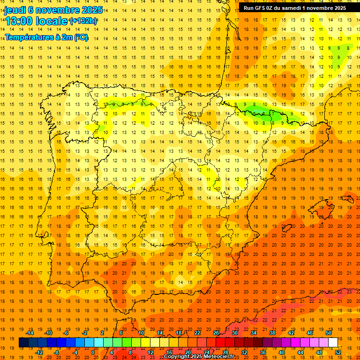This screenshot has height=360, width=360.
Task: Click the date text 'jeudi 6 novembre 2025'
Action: click(53, 10)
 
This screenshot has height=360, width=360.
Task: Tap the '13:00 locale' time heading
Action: click(36, 21)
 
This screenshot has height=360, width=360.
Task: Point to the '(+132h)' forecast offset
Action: click(83, 21)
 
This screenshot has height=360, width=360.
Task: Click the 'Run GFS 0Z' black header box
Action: click(295, 8)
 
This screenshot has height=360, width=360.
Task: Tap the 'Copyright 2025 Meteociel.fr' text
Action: click(199, 357)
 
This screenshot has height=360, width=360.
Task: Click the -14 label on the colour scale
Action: click(30, 333)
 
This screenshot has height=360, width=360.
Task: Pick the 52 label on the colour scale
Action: click(338, 352)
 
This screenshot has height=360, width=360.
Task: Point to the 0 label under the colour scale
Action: click(93, 352)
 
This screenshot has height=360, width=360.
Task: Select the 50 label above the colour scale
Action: click(328, 333)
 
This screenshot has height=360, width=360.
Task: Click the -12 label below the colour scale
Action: click(39, 352)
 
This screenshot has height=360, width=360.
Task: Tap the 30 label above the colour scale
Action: click(234, 333)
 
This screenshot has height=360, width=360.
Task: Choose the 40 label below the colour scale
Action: click(282, 352)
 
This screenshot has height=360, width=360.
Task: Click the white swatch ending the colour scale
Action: click(333, 343)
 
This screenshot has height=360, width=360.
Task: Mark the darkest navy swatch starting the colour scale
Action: click(23, 343)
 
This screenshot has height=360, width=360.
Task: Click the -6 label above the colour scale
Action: click(67, 333)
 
